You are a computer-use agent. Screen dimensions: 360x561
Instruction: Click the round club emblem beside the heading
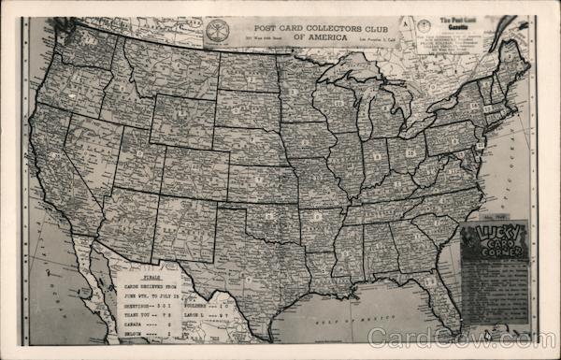(217, 30)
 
